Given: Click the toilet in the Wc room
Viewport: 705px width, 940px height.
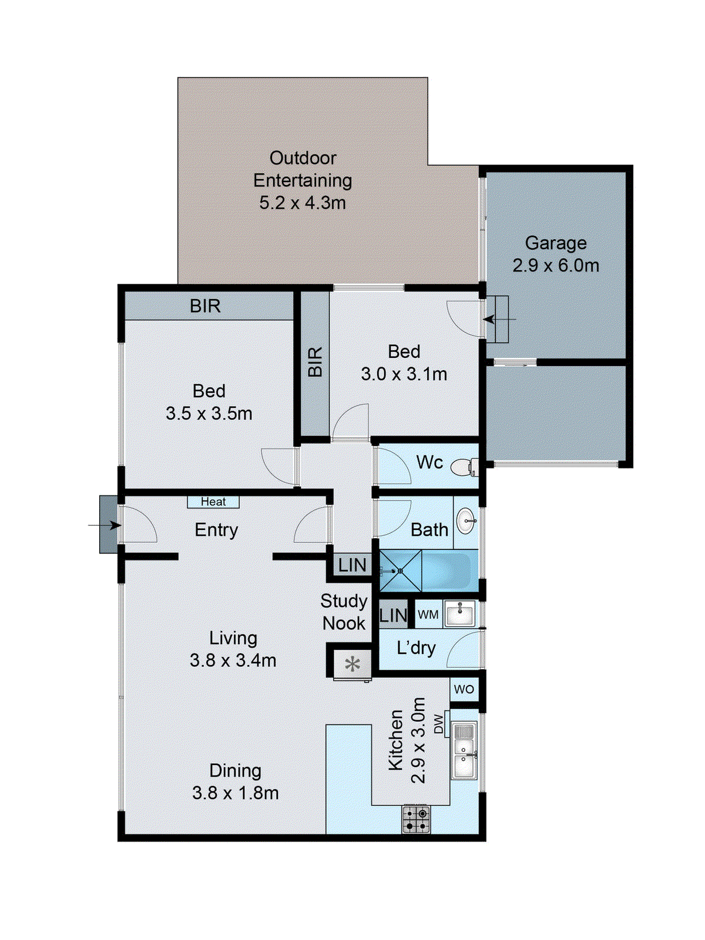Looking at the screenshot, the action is click(x=464, y=467).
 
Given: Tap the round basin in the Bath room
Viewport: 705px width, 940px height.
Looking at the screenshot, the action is click(x=466, y=522).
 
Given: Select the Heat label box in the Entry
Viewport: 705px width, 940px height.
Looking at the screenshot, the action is click(x=213, y=502).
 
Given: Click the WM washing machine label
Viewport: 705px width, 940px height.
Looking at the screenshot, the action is click(x=428, y=615).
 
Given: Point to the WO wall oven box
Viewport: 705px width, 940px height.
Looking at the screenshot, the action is click(x=464, y=689).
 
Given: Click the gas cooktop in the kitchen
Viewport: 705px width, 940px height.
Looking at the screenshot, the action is click(x=415, y=819).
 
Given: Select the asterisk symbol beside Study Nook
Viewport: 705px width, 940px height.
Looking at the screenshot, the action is click(x=352, y=664).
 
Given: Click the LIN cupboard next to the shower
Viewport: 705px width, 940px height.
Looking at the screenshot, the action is click(x=352, y=565).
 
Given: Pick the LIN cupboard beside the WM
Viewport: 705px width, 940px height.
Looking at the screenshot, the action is click(x=394, y=615).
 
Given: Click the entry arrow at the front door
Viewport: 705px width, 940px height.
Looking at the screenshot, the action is click(x=105, y=525).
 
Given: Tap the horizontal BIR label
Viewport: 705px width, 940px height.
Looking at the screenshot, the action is click(x=205, y=305).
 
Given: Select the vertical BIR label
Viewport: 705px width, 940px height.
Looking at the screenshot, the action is click(x=315, y=362).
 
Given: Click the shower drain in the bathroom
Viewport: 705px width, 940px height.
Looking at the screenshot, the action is click(x=400, y=571).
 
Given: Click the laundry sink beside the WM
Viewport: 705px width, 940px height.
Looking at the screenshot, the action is click(x=459, y=614).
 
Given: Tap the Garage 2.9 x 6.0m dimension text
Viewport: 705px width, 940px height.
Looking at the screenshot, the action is click(x=556, y=266).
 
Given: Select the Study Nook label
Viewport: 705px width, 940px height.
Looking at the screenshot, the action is click(x=344, y=612).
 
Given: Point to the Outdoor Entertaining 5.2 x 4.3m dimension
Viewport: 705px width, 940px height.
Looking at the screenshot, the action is click(x=303, y=203).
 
